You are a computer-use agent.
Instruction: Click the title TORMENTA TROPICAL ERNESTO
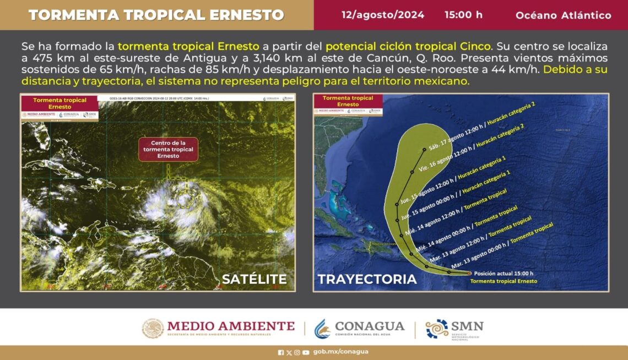156,15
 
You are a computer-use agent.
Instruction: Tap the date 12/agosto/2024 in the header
383,15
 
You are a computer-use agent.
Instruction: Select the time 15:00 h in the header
463,15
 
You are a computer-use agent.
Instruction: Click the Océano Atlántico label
563,15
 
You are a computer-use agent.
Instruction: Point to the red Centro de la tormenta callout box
169,149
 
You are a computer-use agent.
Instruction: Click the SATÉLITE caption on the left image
254,279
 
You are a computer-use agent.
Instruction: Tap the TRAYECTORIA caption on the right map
367,279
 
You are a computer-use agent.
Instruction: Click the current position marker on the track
469,273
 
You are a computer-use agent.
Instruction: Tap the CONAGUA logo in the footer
359,329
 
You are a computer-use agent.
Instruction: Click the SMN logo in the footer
454,329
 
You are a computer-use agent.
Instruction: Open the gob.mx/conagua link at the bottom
340,352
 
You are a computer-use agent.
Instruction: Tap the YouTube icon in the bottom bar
306,352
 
